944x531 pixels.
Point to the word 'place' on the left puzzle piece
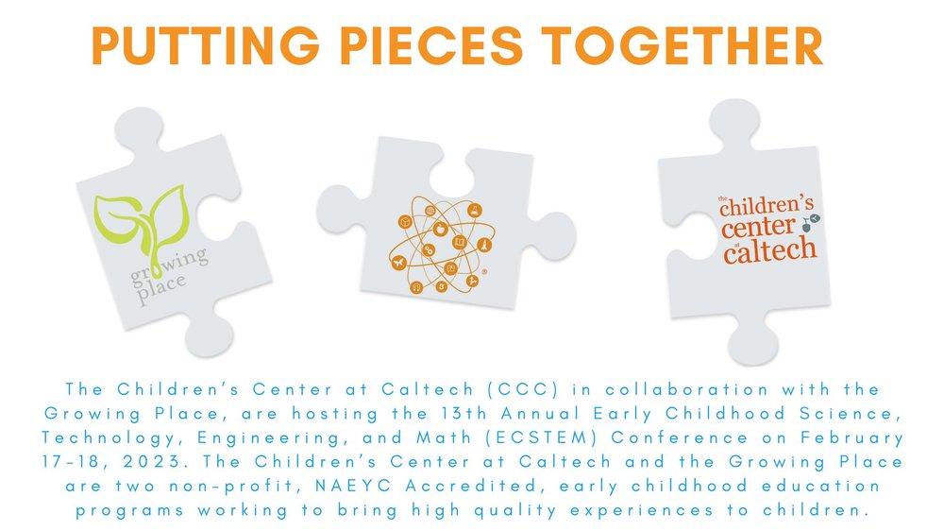coord(161,289)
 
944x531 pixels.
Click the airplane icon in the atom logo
coord(398,262)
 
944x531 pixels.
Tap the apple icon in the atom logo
coord(440,229)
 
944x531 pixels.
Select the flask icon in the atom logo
coord(475,211)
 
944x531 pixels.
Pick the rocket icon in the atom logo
coord(484,245)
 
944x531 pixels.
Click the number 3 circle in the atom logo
coord(441,286)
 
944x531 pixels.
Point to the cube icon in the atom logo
coord(405,222)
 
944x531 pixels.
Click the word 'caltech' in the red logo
coord(770,248)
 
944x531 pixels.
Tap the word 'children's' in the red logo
coord(767,206)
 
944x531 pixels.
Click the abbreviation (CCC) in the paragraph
coord(523,389)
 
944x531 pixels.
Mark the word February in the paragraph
coord(851,438)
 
